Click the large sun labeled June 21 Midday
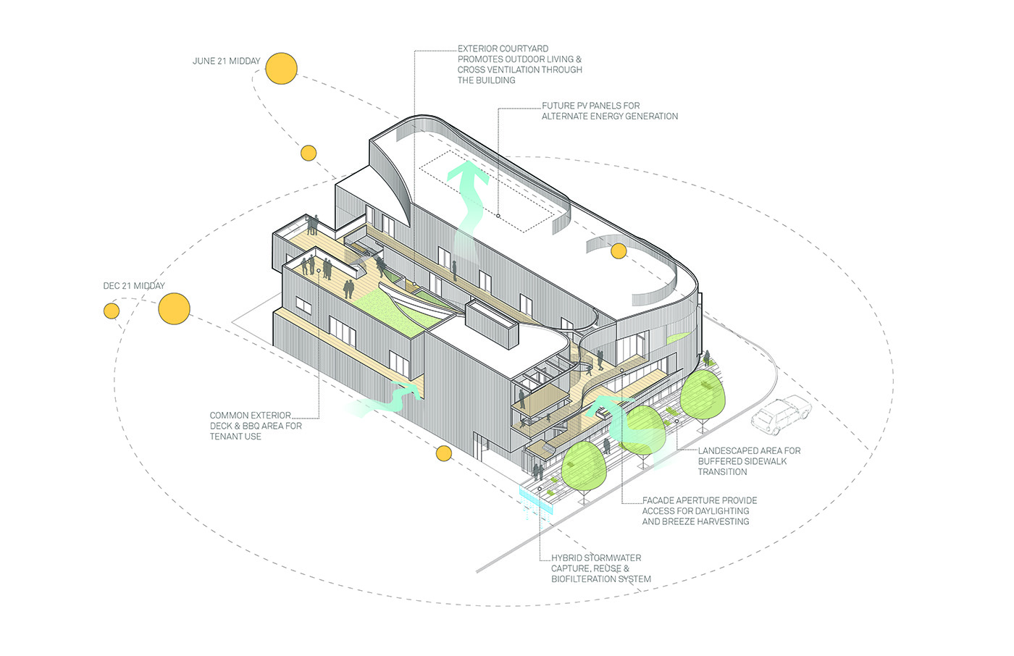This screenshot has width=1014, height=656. click(281, 68)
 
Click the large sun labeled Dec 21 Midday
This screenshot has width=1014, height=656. click(175, 308)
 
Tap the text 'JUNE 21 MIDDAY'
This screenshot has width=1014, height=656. click(226, 61)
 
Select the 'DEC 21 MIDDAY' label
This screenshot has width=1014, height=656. click(134, 286)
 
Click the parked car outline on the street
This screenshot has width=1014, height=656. click(781, 414)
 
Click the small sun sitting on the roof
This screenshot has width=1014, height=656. click(619, 251)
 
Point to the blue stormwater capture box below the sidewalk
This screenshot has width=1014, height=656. click(537, 500)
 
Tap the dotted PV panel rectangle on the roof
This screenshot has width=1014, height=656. click(487, 191)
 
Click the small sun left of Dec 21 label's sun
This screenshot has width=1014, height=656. click(112, 311)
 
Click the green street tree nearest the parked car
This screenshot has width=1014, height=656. click(703, 395)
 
